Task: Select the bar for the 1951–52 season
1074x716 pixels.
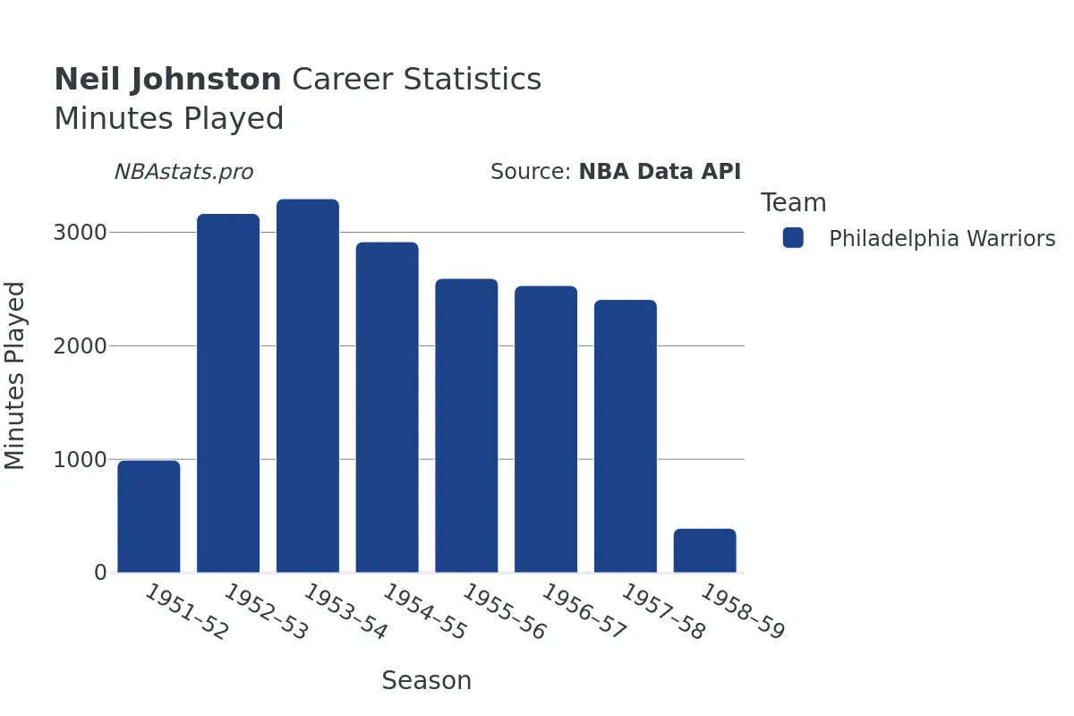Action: [x=149, y=516]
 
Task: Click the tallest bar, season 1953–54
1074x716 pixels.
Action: [x=308, y=386]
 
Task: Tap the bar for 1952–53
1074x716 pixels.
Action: [x=228, y=393]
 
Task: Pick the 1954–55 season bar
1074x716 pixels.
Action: [x=387, y=407]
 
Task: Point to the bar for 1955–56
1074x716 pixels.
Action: [x=466, y=426]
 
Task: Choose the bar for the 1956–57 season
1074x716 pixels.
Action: [x=546, y=430]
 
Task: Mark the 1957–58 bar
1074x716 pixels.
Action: [x=626, y=436]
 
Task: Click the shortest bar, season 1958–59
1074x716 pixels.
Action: [x=704, y=550]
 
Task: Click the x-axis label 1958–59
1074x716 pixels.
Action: [x=742, y=613]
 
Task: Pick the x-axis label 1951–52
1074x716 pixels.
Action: [x=186, y=613]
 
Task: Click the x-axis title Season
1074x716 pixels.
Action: [x=426, y=681]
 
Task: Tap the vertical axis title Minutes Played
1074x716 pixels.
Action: [x=15, y=375]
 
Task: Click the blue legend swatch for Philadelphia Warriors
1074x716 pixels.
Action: [x=793, y=238]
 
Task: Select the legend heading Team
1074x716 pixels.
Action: [x=793, y=203]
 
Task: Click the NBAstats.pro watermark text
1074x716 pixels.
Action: [x=183, y=172]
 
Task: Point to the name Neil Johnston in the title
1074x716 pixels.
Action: [x=167, y=80]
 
